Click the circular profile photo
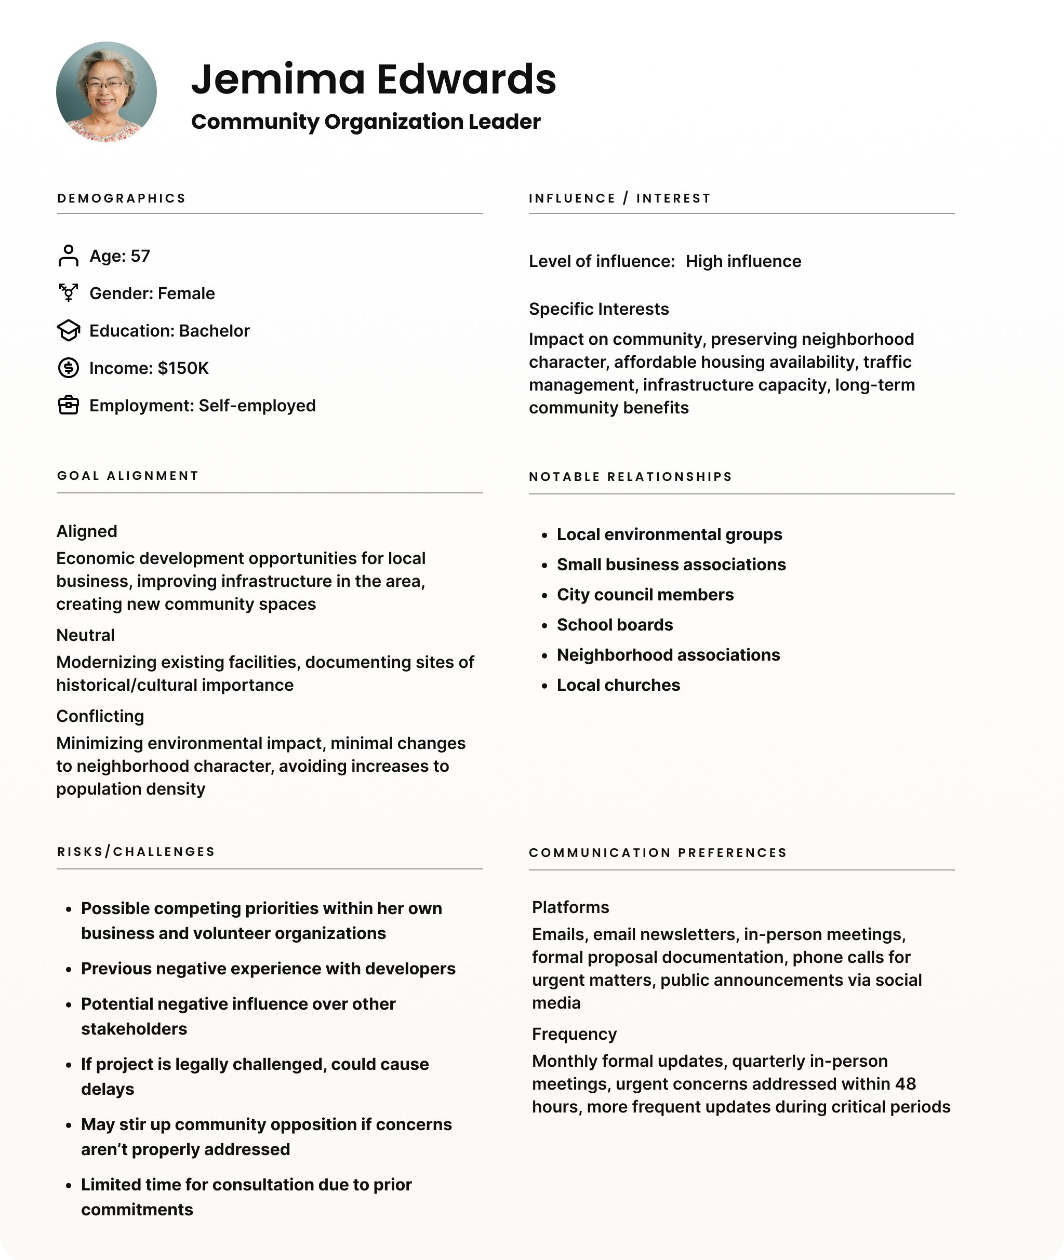click(106, 91)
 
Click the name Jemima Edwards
click(374, 79)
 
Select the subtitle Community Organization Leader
click(366, 122)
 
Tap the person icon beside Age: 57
click(68, 256)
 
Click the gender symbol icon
click(68, 293)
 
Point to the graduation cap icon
click(68, 330)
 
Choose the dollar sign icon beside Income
click(68, 368)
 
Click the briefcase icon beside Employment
click(68, 405)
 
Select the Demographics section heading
click(121, 198)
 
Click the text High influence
click(743, 261)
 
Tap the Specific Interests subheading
click(598, 309)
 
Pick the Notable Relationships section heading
click(630, 477)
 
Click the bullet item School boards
click(615, 625)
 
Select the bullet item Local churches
click(618, 685)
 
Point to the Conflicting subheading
click(100, 716)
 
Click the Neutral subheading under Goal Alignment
click(85, 635)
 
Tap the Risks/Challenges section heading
click(136, 852)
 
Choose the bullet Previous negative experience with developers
click(268, 968)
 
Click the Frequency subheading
click(574, 1034)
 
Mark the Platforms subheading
click(570, 907)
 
